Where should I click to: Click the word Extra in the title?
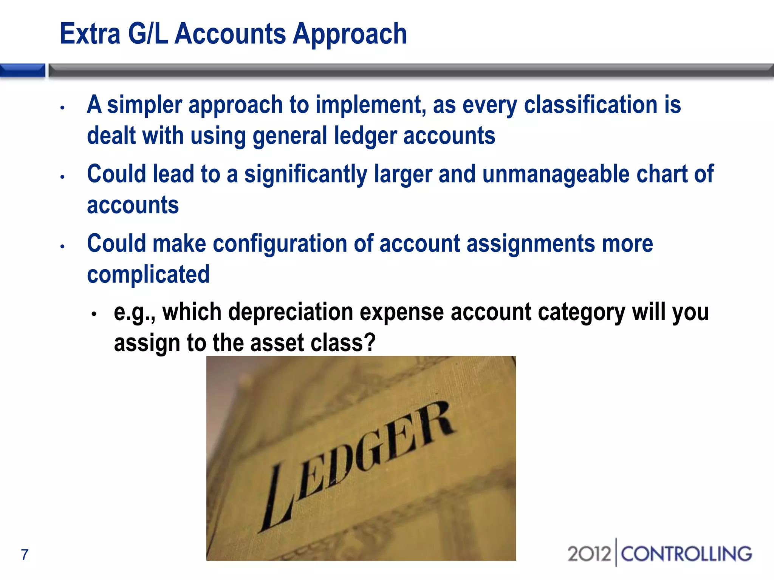[90, 34]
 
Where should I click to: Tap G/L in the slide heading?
[148, 34]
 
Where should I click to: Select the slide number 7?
[25, 554]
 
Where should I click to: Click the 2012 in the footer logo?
[589, 554]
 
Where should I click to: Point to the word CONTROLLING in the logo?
[686, 554]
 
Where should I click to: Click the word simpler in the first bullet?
[144, 105]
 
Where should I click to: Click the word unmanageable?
[556, 174]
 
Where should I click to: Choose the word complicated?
[148, 275]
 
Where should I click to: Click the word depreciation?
[291, 313]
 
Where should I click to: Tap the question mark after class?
[370, 342]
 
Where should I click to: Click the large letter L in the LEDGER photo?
[278, 498]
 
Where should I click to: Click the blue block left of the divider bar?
[22, 71]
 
